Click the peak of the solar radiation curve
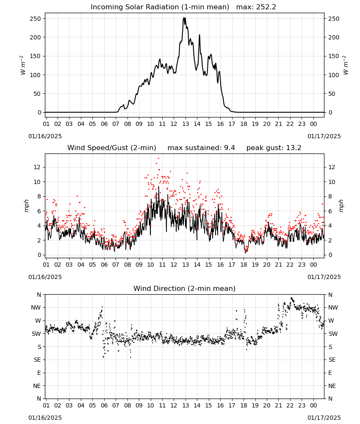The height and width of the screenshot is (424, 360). [184, 18]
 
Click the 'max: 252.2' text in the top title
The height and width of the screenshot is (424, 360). [256, 7]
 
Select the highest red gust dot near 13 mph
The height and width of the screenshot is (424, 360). [158, 159]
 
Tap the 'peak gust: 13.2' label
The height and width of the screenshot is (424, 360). [274, 148]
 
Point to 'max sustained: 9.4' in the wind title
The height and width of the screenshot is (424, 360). [201, 148]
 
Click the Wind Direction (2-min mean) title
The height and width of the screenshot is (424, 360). [185, 288]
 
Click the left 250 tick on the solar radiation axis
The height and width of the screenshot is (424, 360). [36, 19]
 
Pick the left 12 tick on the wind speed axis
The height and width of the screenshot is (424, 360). [37, 167]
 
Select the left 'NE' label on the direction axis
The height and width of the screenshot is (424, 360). [37, 386]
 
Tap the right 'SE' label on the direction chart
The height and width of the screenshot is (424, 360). [332, 360]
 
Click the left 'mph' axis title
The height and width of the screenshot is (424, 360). [26, 206]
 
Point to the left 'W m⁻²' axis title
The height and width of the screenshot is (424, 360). [23, 65]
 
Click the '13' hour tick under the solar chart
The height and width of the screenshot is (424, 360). [186, 124]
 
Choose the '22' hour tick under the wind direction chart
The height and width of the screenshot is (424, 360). [290, 405]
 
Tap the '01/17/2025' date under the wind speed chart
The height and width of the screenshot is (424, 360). [324, 277]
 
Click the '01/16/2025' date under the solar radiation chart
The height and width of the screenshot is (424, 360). [45, 136]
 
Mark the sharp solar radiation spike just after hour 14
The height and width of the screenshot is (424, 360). [199, 35]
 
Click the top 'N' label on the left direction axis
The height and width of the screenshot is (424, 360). [39, 295]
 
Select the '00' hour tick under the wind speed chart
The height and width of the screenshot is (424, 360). [313, 265]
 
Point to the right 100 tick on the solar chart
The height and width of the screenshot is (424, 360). [334, 75]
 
